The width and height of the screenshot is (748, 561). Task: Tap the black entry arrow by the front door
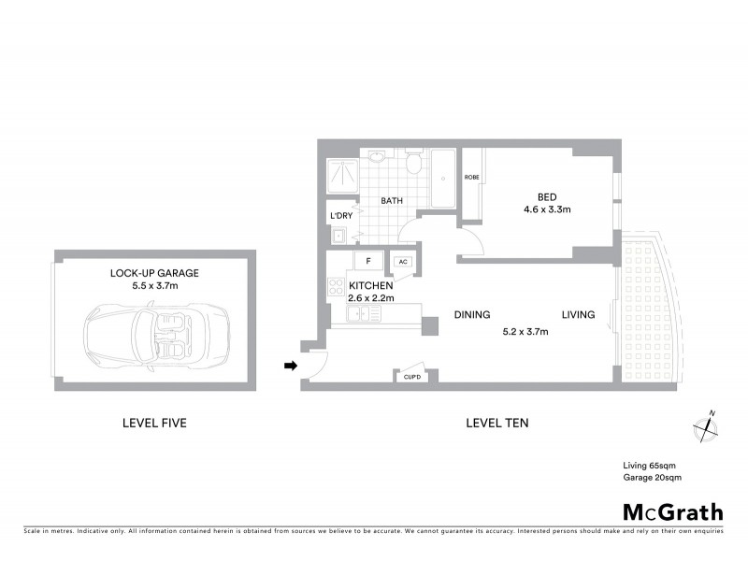(x=291, y=366)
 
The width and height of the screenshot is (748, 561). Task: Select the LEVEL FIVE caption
(x=154, y=423)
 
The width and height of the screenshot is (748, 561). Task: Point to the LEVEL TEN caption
(x=496, y=423)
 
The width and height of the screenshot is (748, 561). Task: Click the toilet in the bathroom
(x=412, y=165)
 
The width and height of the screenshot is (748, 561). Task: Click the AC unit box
(x=402, y=263)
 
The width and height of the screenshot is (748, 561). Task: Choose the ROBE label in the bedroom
(x=471, y=177)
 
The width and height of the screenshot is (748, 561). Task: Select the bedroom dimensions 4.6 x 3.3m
(x=547, y=209)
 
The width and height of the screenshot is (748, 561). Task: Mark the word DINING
(x=472, y=315)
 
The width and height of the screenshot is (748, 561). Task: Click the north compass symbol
(x=705, y=428)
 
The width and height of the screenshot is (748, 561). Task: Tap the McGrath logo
(x=672, y=511)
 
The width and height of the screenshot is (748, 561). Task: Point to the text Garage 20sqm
(x=652, y=477)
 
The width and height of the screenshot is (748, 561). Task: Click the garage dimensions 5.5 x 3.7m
(x=154, y=286)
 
